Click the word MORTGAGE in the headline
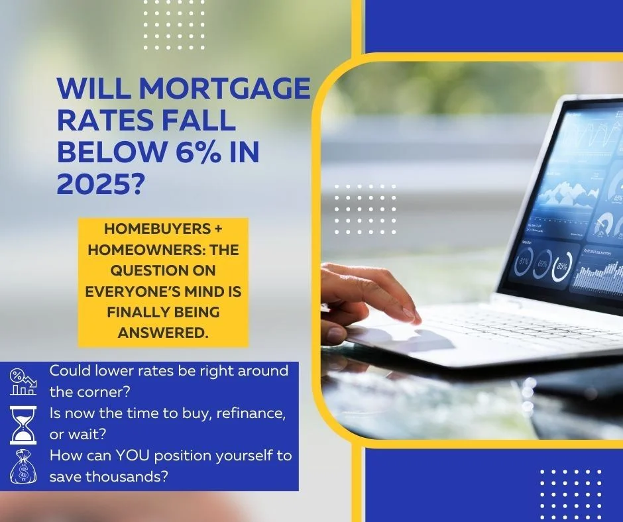[224, 89]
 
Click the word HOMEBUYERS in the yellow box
[157, 229]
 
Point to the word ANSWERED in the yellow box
[163, 333]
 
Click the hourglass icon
[23, 425]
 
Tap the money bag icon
[23, 466]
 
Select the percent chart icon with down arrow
[23, 382]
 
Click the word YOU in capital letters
[133, 455]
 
